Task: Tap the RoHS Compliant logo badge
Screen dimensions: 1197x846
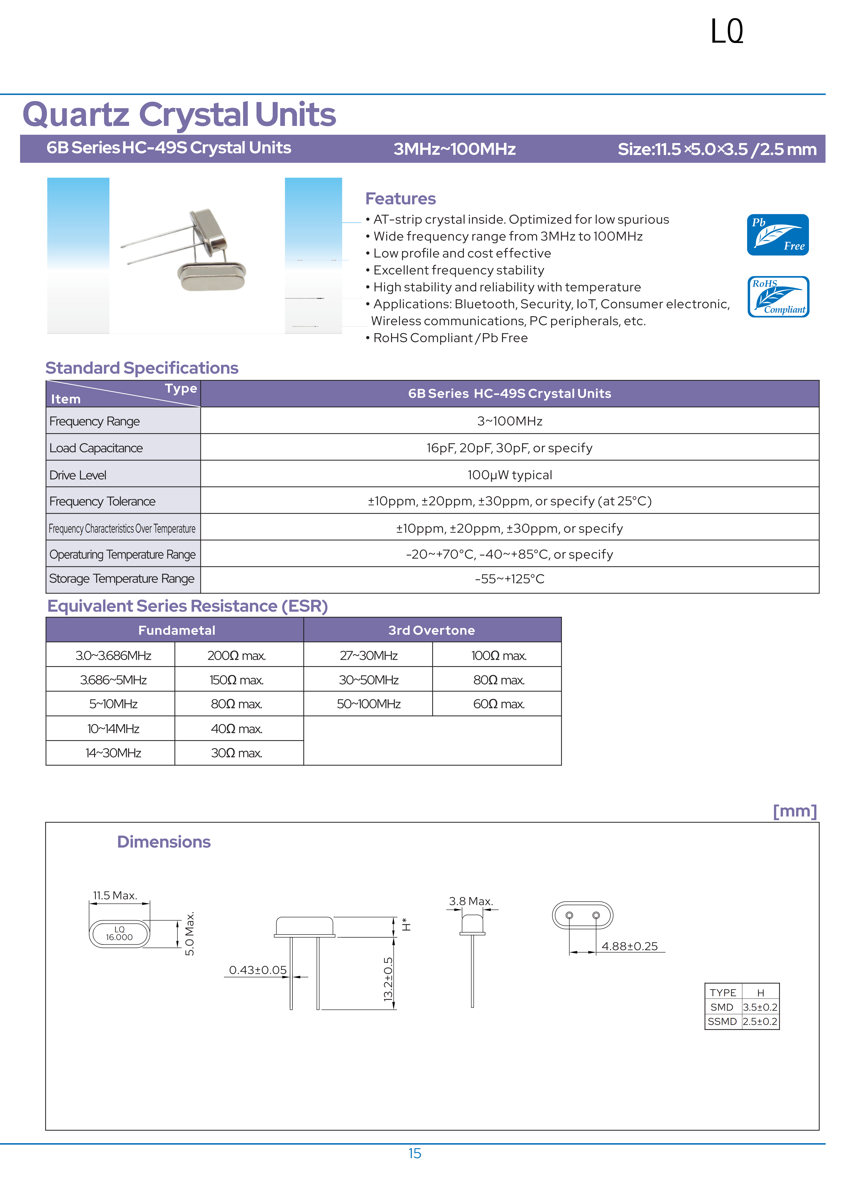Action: pyautogui.click(x=778, y=297)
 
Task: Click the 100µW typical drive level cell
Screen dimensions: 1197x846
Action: pyautogui.click(x=509, y=474)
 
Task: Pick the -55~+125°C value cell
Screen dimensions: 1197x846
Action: pyautogui.click(x=509, y=579)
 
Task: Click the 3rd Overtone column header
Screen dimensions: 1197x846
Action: pyautogui.click(x=432, y=630)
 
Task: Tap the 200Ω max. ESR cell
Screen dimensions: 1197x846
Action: pyautogui.click(x=237, y=655)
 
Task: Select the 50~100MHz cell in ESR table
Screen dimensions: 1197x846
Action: pyautogui.click(x=368, y=704)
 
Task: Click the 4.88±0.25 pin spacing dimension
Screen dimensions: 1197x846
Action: pyautogui.click(x=630, y=946)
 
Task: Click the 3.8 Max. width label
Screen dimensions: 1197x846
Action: pyautogui.click(x=471, y=901)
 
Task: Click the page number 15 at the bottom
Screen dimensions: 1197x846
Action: pyautogui.click(x=414, y=1153)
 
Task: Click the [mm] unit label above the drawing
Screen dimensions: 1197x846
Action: pyautogui.click(x=794, y=811)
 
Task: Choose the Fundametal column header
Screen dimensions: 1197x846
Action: pyautogui.click(x=177, y=630)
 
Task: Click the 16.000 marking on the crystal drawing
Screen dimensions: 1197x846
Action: pyautogui.click(x=119, y=937)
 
